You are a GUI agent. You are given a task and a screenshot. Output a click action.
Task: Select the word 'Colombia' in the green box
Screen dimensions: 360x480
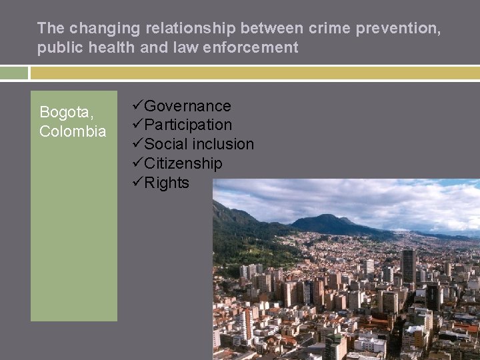tap(73, 131)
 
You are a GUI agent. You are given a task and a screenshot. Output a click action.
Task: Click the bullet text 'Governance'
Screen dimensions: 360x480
tap(187, 106)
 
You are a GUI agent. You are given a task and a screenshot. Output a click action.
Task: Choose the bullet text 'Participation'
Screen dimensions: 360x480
tap(188, 125)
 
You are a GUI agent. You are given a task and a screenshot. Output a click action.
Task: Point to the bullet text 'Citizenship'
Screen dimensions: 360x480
tap(183, 163)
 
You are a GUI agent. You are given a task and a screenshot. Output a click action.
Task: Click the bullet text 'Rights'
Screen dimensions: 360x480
tap(167, 183)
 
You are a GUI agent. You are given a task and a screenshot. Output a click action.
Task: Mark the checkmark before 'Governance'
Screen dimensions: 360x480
tap(138, 106)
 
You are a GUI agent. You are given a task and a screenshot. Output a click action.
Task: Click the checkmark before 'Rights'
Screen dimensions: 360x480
tap(138, 183)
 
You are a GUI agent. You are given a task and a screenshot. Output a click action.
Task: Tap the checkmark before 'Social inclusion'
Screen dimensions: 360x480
tap(138, 144)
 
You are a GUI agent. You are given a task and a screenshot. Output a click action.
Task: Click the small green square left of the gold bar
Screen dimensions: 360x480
tap(13, 73)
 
